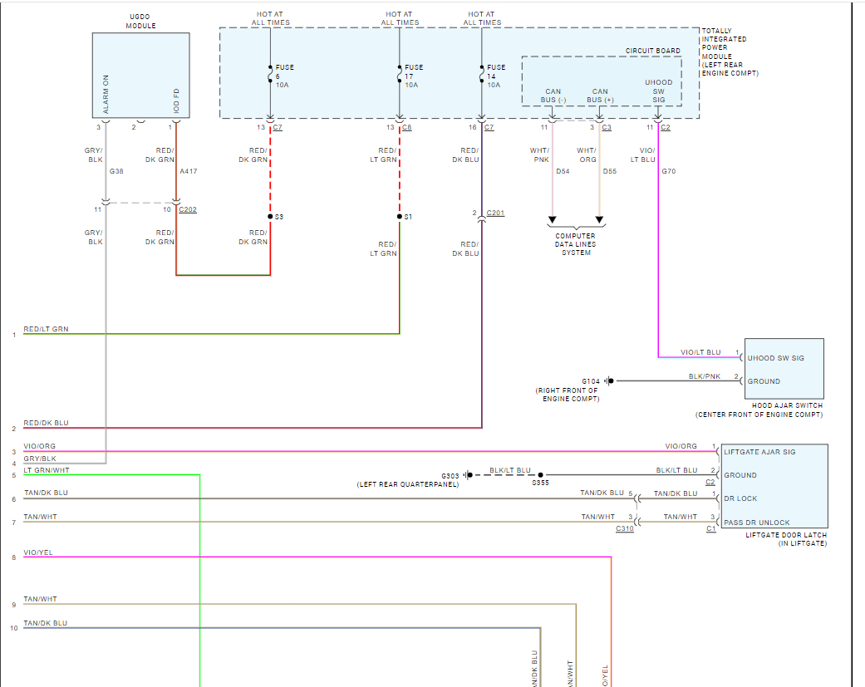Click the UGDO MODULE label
click(x=140, y=21)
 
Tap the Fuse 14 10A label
click(x=495, y=76)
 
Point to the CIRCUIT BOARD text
click(x=652, y=51)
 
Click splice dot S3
click(x=270, y=217)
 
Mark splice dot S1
click(x=400, y=217)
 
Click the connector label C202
click(x=188, y=209)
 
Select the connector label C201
click(x=495, y=213)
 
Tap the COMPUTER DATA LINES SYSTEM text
click(x=575, y=244)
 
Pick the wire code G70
click(x=669, y=172)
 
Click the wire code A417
click(x=189, y=172)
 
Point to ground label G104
click(x=591, y=381)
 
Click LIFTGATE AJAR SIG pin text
click(x=759, y=452)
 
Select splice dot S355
click(x=541, y=475)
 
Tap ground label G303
click(x=451, y=475)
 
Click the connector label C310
click(x=625, y=528)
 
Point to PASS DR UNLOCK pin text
click(x=756, y=523)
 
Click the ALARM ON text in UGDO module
click(x=106, y=94)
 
